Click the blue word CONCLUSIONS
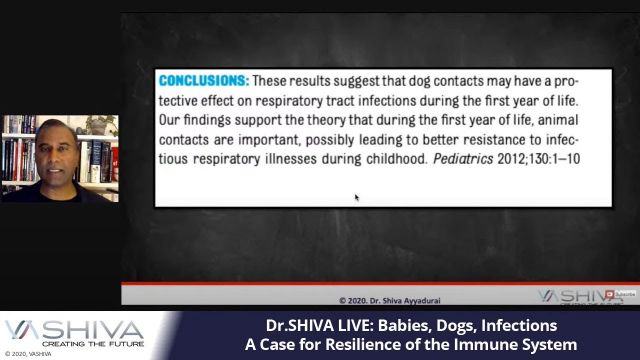tap(203, 79)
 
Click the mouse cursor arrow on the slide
tap(357, 197)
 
